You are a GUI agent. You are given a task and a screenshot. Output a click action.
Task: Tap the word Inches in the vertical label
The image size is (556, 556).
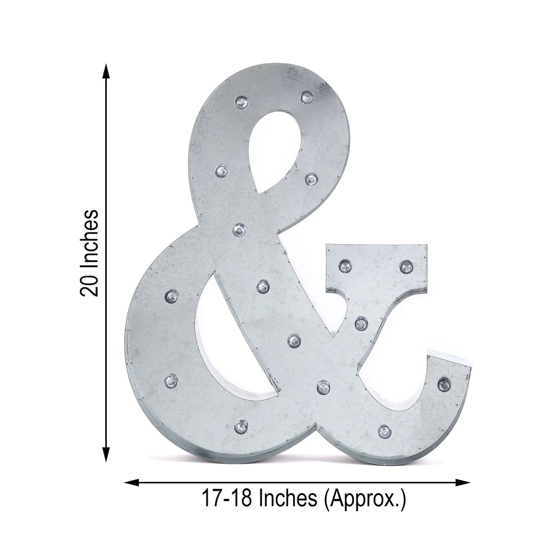tap(89, 237)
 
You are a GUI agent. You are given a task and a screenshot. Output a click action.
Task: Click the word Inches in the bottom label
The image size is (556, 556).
tap(288, 498)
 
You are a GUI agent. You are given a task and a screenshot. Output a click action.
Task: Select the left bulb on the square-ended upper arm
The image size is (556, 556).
tap(345, 265)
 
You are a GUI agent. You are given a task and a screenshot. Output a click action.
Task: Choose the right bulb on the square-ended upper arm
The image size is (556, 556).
tap(406, 266)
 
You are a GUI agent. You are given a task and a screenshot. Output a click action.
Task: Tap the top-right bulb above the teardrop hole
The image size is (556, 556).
tap(306, 97)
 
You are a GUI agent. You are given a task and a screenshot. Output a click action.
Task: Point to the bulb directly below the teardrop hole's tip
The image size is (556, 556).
tap(239, 230)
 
